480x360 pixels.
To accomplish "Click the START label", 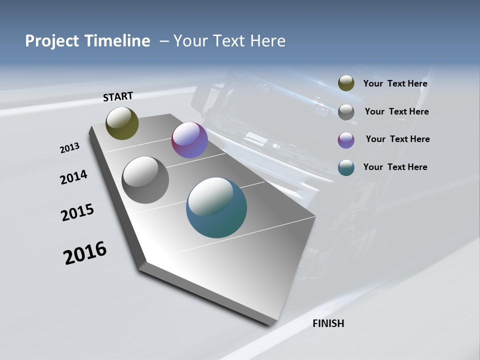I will [118, 96].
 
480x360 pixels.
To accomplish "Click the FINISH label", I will [328, 323].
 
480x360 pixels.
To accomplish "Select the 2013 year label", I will [70, 147].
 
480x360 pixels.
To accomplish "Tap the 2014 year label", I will [74, 177].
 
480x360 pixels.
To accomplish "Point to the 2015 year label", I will [77, 212].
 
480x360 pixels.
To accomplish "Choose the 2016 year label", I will [85, 252].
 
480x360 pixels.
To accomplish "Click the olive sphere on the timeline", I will [122, 123].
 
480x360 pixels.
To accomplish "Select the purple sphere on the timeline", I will [189, 140].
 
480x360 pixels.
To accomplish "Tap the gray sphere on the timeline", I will [145, 180].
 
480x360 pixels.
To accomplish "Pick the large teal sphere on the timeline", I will [216, 207].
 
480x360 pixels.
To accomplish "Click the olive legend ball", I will [346, 83].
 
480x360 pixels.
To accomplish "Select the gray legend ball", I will [346, 112].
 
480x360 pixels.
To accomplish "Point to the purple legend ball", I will [346, 140].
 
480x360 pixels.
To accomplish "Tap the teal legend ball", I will [346, 167].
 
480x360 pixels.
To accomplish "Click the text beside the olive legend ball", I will [395, 83].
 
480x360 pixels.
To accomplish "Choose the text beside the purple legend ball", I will [397, 139].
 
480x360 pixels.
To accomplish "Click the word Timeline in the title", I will [118, 40].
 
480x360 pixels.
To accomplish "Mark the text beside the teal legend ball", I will [395, 167].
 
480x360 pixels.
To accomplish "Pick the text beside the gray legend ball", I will [396, 111].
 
